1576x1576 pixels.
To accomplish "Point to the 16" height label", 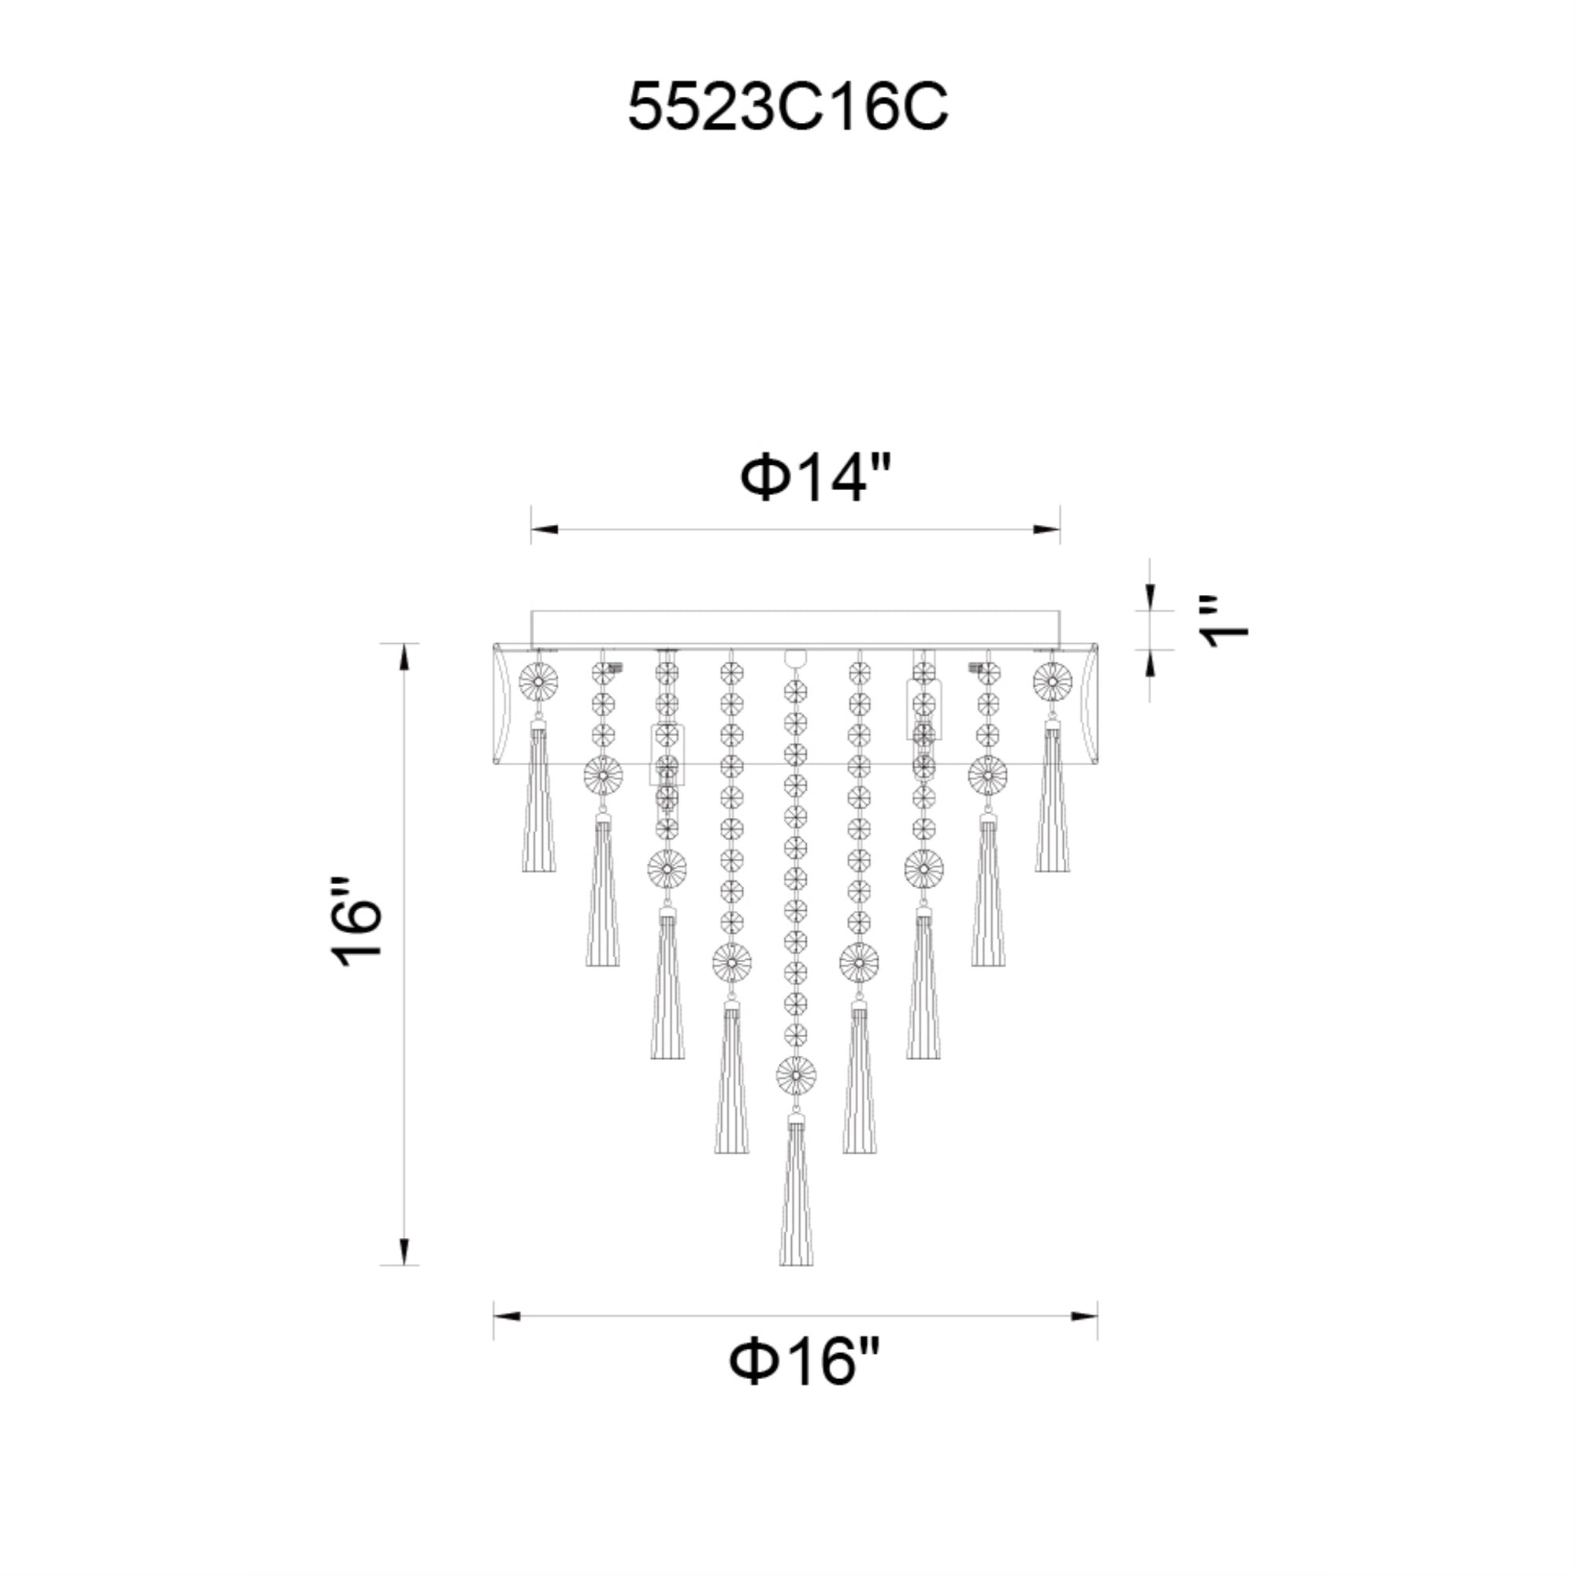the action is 356,922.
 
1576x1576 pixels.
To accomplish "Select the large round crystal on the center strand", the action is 796,1076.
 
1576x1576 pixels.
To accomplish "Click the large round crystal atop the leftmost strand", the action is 538,681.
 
